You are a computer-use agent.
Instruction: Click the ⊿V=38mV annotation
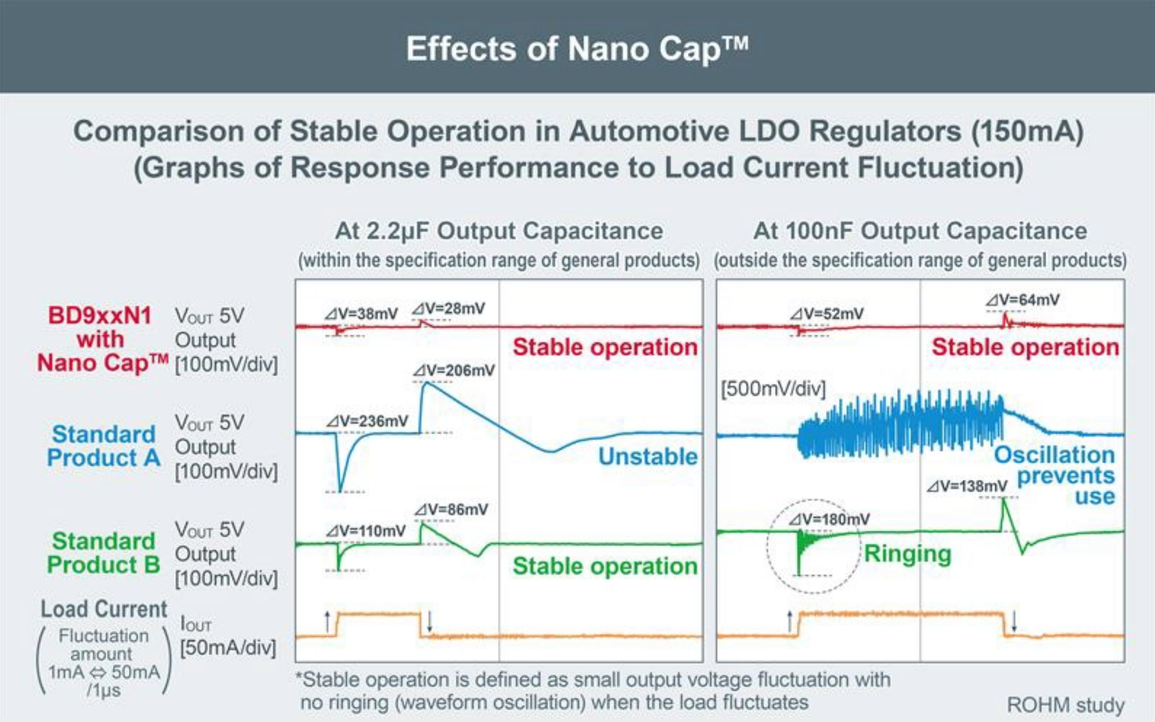point(361,314)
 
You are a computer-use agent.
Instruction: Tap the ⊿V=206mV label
point(454,370)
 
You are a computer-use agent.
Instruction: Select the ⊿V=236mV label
point(368,421)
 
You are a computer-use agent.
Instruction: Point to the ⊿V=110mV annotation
point(366,531)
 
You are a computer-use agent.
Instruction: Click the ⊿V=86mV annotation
point(452,509)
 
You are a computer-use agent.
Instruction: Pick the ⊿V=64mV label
point(1023,300)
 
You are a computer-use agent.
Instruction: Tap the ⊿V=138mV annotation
point(967,486)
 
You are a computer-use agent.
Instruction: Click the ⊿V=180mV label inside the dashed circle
point(829,519)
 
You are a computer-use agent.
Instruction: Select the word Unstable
point(648,456)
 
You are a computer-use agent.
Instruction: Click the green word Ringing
point(907,553)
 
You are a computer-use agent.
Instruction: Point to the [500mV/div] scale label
point(773,388)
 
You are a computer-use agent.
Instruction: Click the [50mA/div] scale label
point(227,647)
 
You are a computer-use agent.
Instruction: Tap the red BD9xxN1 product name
point(100,315)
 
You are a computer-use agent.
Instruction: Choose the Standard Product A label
point(103,446)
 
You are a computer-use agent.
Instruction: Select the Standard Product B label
point(103,553)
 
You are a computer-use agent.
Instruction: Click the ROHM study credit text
point(1065,705)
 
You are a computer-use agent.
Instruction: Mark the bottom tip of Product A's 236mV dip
point(340,490)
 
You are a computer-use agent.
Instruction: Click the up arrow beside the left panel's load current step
point(327,621)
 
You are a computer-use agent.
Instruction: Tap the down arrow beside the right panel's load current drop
point(1014,621)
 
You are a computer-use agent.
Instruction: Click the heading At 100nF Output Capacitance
point(920,231)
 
